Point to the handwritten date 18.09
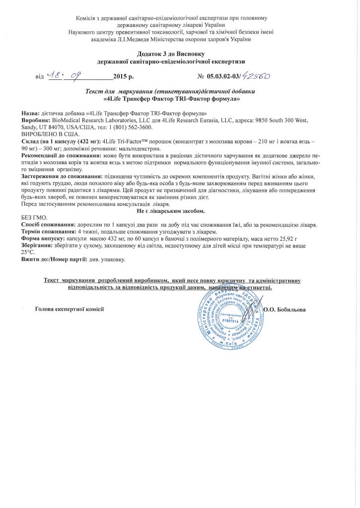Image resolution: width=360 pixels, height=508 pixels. tap(66, 76)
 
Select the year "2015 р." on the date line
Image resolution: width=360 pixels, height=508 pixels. tap(123, 77)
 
